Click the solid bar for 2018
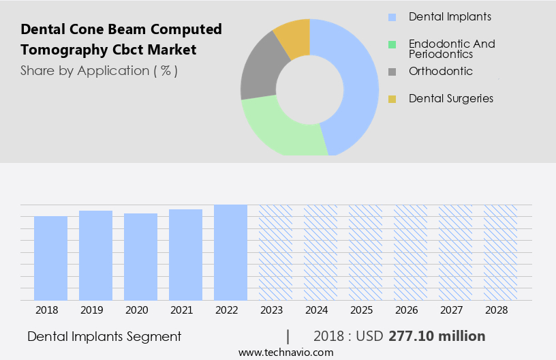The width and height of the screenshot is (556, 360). click(x=50, y=258)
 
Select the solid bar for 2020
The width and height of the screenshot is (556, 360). click(x=140, y=257)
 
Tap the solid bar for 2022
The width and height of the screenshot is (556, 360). click(x=230, y=252)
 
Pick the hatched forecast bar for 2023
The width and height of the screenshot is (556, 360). click(x=275, y=252)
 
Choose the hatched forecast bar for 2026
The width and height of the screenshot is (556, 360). click(x=410, y=252)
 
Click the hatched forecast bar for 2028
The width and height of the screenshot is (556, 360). click(x=500, y=252)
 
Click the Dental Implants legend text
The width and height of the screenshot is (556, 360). click(x=450, y=16)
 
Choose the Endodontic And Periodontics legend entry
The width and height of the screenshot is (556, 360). click(x=452, y=48)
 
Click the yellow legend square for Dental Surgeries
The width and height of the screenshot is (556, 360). click(x=392, y=99)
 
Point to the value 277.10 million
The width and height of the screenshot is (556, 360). click(x=437, y=336)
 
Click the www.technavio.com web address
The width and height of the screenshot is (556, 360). click(x=286, y=352)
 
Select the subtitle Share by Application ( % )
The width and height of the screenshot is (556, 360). click(x=99, y=70)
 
